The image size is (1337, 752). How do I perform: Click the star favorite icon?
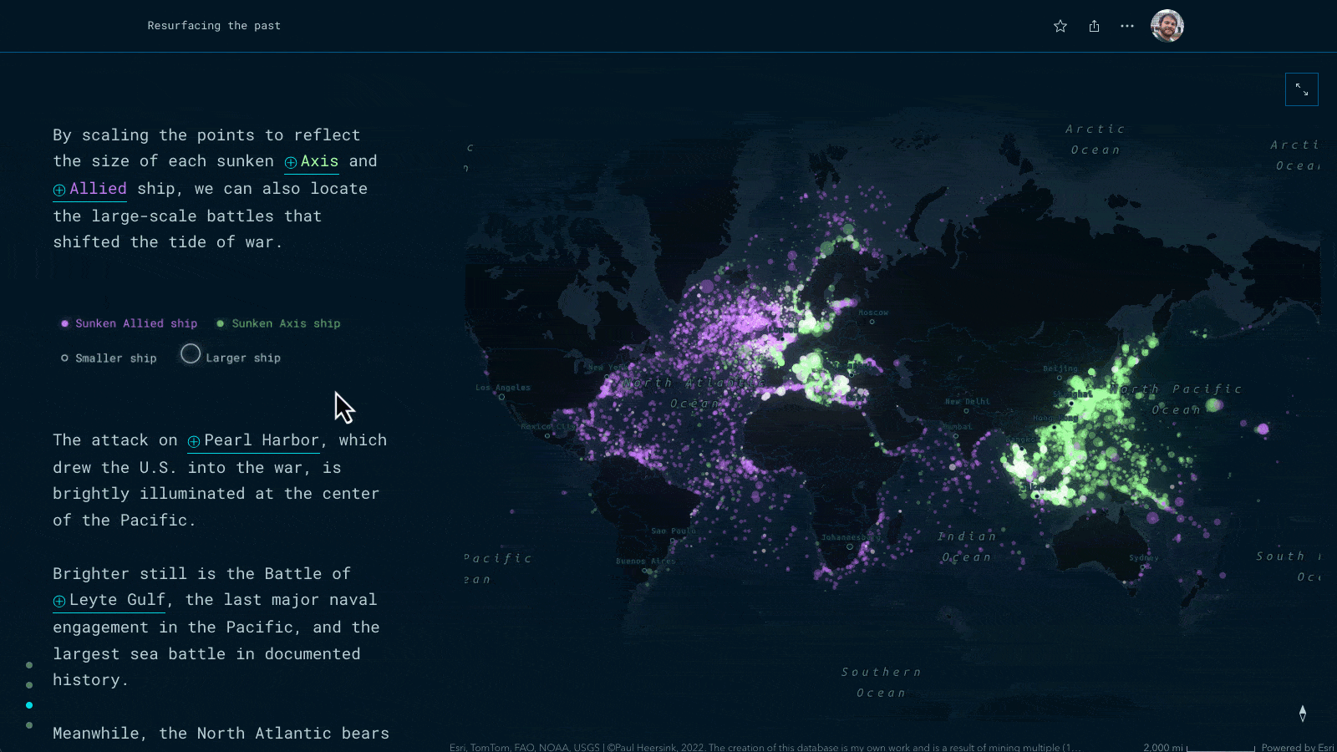tap(1060, 26)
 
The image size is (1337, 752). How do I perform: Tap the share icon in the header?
tap(1094, 26)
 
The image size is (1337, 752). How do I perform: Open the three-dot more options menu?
tap(1127, 26)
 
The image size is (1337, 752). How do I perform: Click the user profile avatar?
tap(1167, 26)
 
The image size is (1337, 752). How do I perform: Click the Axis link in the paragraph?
tap(312, 161)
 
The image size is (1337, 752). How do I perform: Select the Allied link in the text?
tap(90, 189)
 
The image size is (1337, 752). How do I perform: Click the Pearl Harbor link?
tap(254, 440)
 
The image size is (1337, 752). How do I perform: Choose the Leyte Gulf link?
tap(110, 600)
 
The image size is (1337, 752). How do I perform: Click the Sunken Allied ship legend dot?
tap(65, 323)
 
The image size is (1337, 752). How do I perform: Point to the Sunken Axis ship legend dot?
tap(221, 323)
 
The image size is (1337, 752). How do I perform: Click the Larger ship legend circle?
tap(191, 354)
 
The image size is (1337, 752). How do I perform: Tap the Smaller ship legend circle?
tap(64, 358)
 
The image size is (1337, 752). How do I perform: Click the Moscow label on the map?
tap(873, 312)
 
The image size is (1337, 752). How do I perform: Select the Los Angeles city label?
tap(503, 388)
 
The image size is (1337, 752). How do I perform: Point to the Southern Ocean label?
tap(882, 682)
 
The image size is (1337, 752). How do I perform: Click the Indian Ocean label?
tap(967, 546)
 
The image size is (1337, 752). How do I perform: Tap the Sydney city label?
tap(1143, 557)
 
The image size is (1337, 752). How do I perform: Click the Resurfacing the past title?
tap(214, 26)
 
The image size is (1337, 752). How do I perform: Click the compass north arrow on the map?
tap(1303, 713)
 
